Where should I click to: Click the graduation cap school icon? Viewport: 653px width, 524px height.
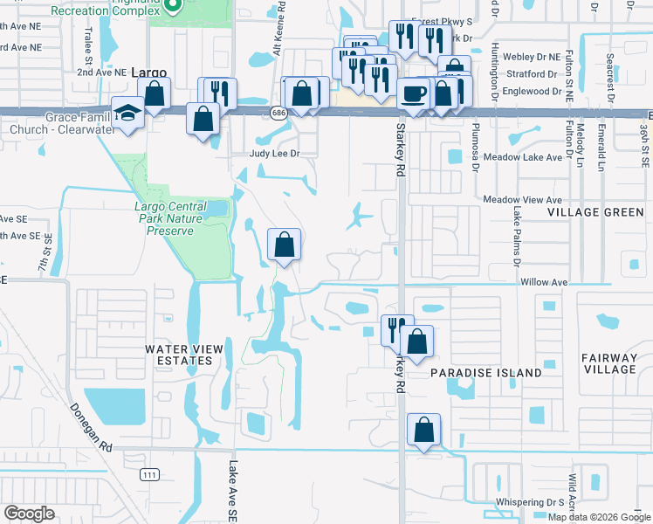127,114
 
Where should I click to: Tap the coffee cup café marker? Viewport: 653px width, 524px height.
413,92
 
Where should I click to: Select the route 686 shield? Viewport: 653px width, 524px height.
278,113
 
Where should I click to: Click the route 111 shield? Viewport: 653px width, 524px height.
150,473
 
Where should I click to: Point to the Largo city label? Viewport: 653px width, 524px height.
148,74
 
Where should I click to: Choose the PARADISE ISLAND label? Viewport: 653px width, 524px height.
485,373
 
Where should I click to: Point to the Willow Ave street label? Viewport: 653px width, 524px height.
543,282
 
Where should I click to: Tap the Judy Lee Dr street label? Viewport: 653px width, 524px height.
275,154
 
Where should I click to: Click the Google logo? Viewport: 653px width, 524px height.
29,514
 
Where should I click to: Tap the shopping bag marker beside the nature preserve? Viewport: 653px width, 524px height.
284,244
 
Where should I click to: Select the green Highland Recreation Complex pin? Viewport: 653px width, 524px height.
172,5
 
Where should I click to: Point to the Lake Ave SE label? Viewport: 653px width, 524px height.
233,493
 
